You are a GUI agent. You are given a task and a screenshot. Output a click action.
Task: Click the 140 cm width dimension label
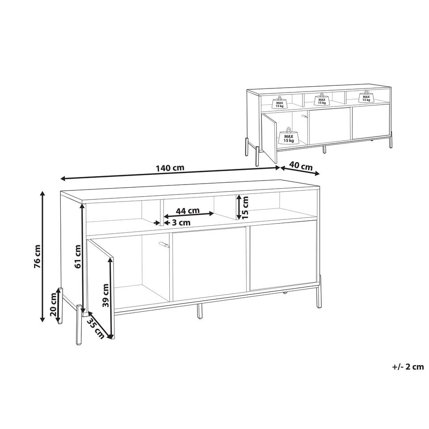coord(170,168)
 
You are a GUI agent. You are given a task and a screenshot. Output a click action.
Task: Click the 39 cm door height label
coord(105,295)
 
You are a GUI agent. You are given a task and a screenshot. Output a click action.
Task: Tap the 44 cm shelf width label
coord(187,210)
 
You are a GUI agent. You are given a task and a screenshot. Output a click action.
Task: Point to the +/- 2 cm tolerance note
coord(408,367)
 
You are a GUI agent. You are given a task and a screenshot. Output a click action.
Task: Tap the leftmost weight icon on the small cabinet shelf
coord(279,103)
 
